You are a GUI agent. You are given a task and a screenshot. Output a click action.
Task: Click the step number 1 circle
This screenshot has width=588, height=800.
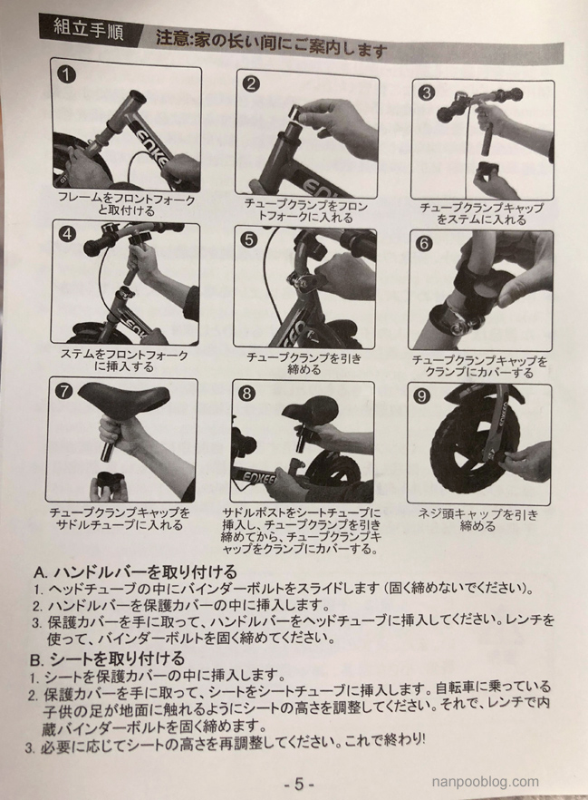pyautogui.click(x=67, y=75)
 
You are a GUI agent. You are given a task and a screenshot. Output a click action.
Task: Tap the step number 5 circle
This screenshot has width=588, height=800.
pyautogui.click(x=248, y=239)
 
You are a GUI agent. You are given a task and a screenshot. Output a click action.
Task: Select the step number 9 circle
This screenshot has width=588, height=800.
pyautogui.click(x=422, y=396)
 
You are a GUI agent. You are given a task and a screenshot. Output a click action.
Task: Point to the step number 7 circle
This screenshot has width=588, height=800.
pyautogui.click(x=64, y=392)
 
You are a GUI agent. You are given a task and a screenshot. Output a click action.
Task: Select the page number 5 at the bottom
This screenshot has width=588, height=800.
pyautogui.click(x=299, y=784)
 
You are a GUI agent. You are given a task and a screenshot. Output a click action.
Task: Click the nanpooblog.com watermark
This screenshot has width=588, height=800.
pyautogui.click(x=485, y=782)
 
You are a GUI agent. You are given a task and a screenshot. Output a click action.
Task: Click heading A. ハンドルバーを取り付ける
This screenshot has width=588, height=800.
pyautogui.click(x=134, y=571)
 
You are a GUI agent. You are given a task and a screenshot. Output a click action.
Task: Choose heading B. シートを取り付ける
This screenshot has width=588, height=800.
pyautogui.click(x=107, y=659)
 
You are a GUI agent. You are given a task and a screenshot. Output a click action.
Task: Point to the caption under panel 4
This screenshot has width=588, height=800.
pyautogui.click(x=124, y=360)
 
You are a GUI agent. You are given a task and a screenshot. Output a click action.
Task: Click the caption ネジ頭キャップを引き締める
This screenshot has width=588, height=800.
pyautogui.click(x=478, y=520)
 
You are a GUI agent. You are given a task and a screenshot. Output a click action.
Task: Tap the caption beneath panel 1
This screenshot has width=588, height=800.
pyautogui.click(x=126, y=204)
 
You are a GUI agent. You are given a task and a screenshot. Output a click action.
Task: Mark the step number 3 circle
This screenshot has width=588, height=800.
pyautogui.click(x=427, y=93)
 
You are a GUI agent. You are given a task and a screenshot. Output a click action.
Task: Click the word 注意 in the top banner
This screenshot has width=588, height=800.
pyautogui.click(x=169, y=39)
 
